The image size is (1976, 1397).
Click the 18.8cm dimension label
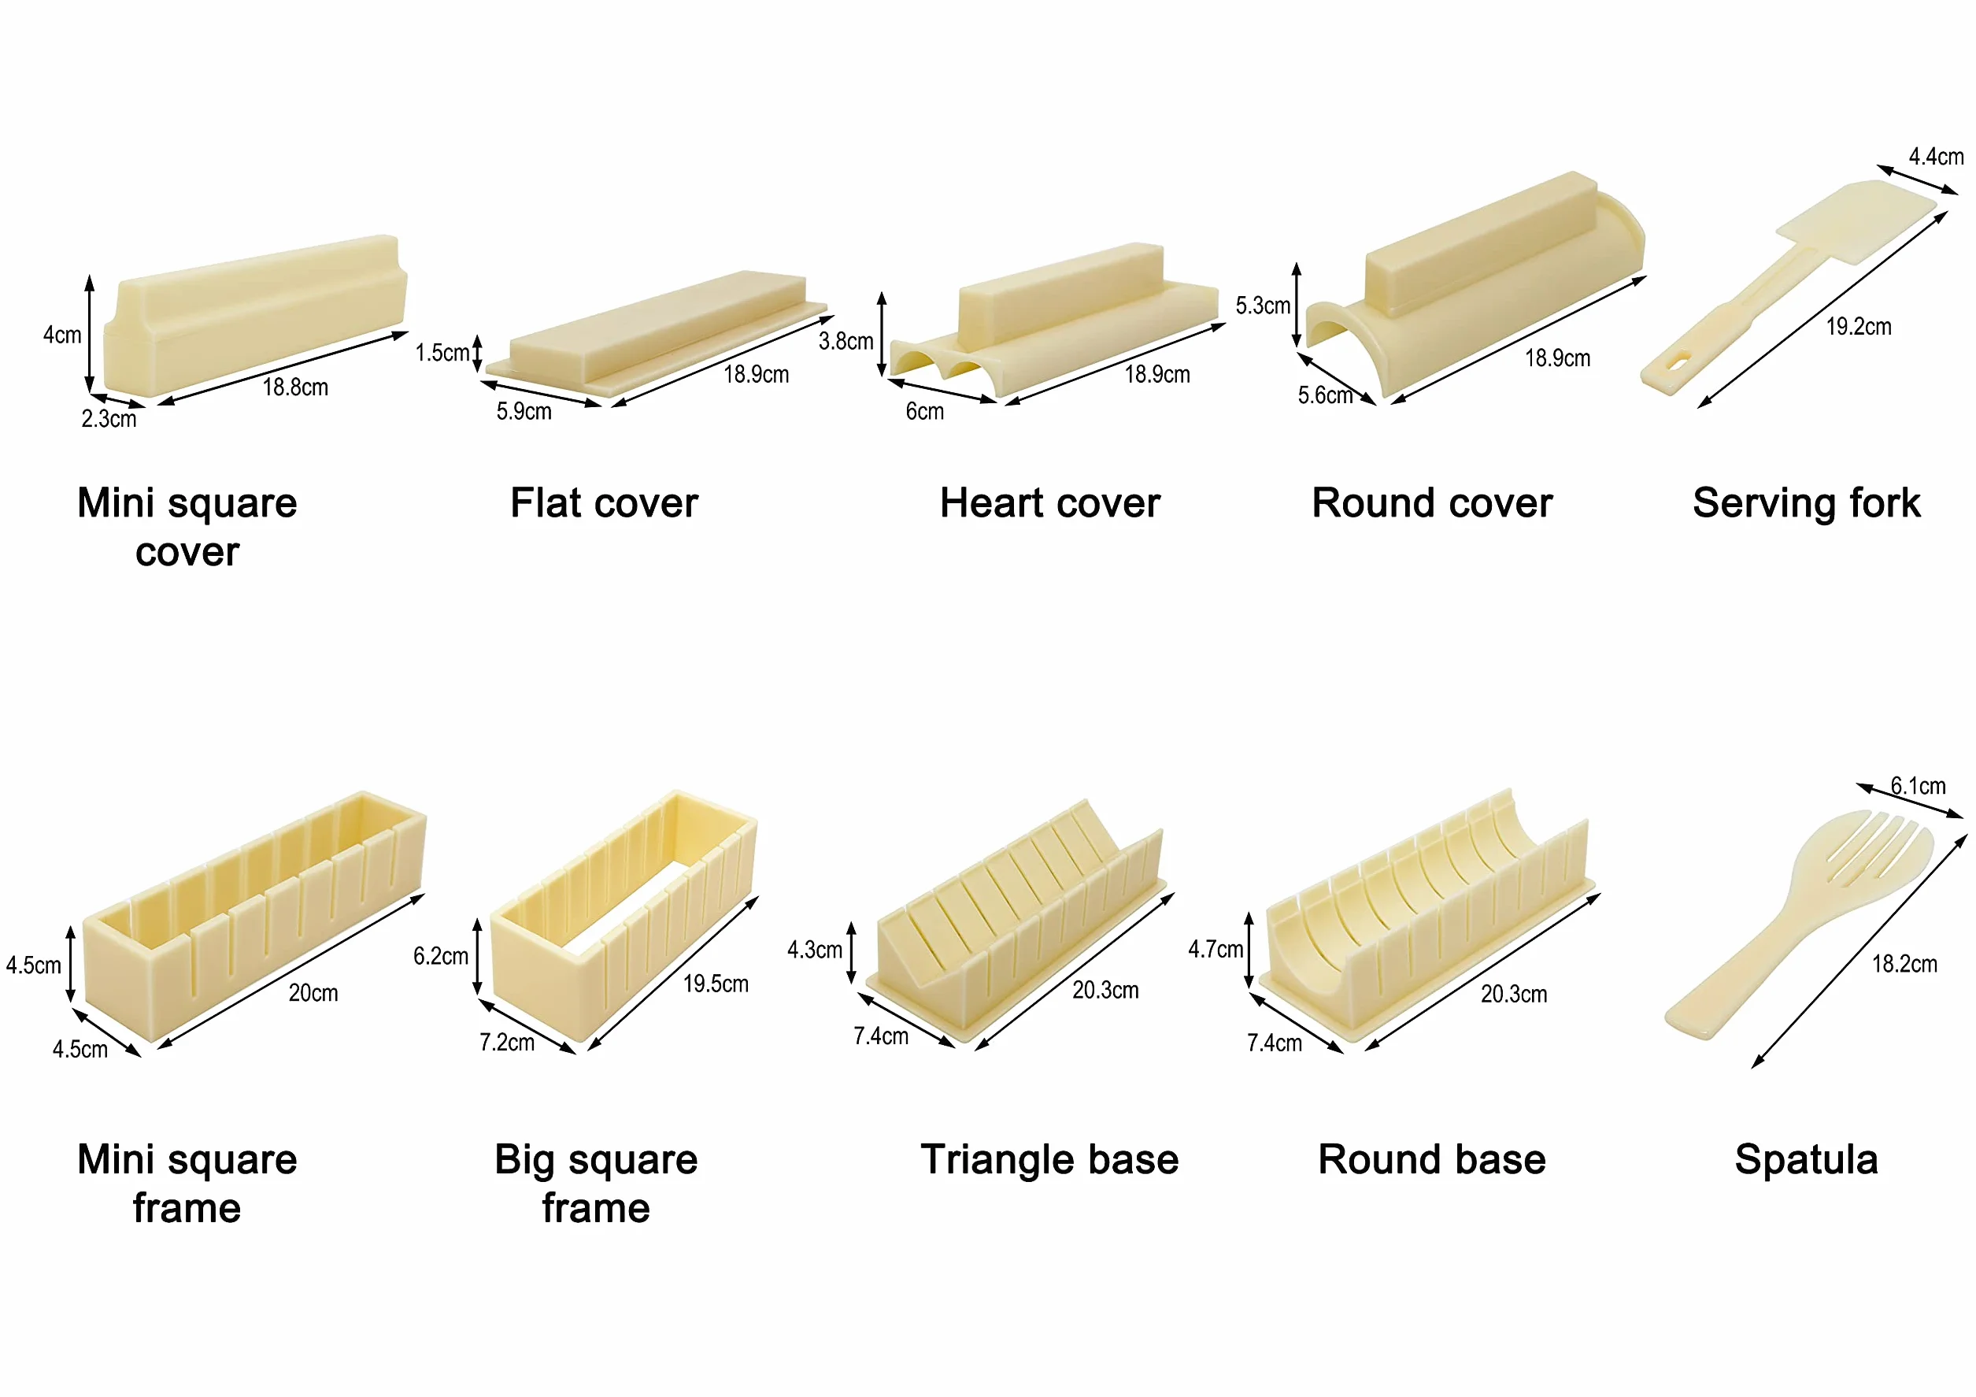click(295, 387)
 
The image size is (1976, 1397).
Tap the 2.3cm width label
click(109, 419)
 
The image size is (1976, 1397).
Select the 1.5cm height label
click(442, 353)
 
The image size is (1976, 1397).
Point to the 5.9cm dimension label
click(524, 411)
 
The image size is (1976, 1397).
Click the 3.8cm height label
click(846, 342)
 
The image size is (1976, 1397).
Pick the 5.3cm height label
click(1263, 306)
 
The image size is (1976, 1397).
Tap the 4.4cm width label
click(1937, 157)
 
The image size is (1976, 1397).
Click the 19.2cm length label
click(1859, 327)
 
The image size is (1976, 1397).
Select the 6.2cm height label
click(441, 956)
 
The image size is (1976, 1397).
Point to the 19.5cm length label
click(716, 984)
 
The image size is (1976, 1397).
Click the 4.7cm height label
click(1216, 950)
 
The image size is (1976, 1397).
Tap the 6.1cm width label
click(1918, 786)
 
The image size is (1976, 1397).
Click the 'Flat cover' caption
click(604, 502)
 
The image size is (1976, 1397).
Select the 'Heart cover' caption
click(1050, 502)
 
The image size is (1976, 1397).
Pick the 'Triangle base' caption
click(1050, 1159)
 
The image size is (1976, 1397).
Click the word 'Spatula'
click(1807, 1159)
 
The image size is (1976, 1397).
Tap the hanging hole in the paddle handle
click(1679, 363)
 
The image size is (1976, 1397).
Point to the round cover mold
click(1475, 284)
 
